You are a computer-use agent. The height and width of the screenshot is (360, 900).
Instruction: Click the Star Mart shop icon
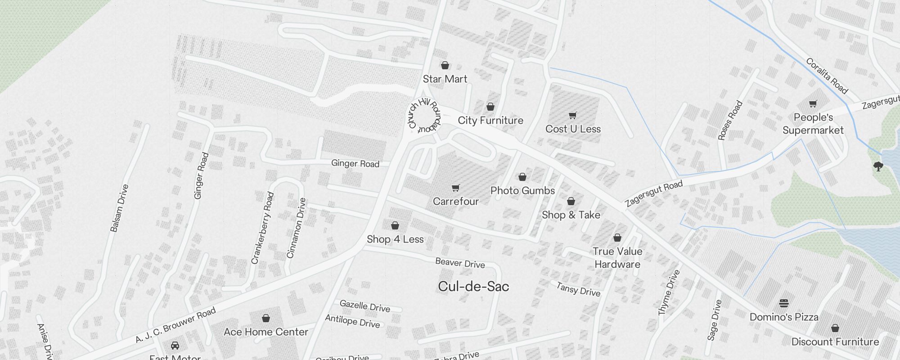pyautogui.click(x=445, y=66)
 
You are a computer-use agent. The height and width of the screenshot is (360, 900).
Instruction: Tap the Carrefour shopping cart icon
pyautogui.click(x=456, y=188)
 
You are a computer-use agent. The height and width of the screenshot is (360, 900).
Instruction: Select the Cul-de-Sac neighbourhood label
pyautogui.click(x=473, y=287)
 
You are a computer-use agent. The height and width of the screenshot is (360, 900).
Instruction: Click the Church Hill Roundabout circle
pyautogui.click(x=424, y=117)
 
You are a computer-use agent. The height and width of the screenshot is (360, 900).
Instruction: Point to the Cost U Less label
pyautogui.click(x=573, y=129)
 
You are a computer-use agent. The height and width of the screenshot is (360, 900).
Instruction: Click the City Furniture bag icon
pyautogui.click(x=490, y=107)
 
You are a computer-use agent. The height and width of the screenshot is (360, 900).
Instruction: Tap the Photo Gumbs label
pyautogui.click(x=522, y=191)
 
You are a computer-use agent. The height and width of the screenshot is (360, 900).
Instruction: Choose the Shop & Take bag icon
pyautogui.click(x=571, y=201)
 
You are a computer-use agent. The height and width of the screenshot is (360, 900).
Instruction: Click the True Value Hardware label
pyautogui.click(x=617, y=258)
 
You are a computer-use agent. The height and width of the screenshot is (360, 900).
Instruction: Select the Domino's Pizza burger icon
pyautogui.click(x=784, y=303)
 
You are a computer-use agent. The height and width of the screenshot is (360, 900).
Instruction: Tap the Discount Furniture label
pyautogui.click(x=835, y=342)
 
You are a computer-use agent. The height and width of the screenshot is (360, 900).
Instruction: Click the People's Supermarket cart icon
pyautogui.click(x=813, y=104)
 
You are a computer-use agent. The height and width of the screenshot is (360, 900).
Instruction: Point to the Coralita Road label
pyautogui.click(x=827, y=76)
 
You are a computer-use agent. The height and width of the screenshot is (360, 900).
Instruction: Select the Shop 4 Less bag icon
pyautogui.click(x=395, y=225)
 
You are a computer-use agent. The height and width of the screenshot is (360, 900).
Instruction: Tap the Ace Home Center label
pyautogui.click(x=266, y=332)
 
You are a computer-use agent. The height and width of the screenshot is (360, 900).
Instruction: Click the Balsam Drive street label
pyautogui.click(x=119, y=208)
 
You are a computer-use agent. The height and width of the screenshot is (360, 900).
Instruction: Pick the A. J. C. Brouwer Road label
pyautogui.click(x=176, y=325)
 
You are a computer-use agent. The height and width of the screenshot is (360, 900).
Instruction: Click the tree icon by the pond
pyautogui.click(x=878, y=166)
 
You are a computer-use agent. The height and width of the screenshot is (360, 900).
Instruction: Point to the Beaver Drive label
pyautogui.click(x=460, y=263)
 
